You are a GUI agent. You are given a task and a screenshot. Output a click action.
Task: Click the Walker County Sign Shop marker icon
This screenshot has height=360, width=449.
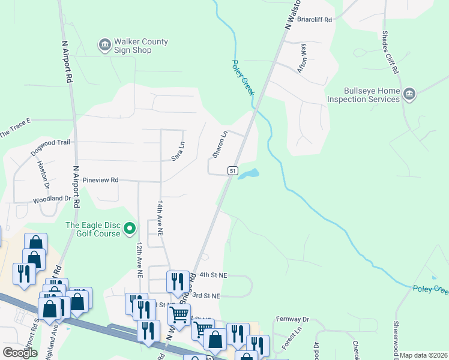(104, 44)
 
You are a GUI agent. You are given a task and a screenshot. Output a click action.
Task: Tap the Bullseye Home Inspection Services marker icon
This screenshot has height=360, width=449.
(409, 94)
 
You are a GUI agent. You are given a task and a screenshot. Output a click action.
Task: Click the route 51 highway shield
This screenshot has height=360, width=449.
(232, 171)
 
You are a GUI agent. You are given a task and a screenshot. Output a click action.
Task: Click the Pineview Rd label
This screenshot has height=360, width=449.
(100, 179)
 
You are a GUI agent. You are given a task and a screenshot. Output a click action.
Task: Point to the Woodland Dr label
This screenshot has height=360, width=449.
(52, 198)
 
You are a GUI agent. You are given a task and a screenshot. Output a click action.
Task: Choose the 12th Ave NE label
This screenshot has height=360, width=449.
(139, 259)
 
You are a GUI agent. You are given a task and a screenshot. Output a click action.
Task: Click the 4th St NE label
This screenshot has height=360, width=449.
(214, 275)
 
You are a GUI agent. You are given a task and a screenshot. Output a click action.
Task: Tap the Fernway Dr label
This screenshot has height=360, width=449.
(292, 319)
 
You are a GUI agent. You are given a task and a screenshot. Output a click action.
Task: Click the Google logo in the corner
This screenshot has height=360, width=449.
(20, 353)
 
